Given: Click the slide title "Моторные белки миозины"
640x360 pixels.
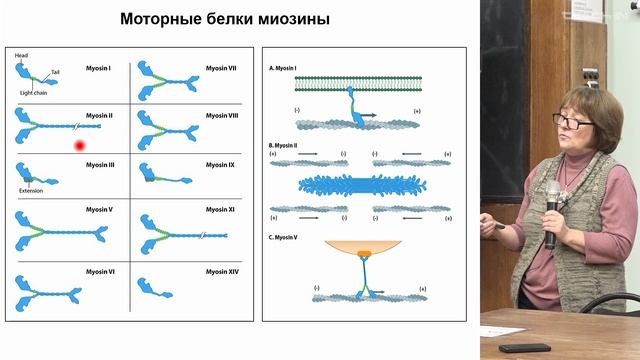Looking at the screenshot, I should tap(225, 20).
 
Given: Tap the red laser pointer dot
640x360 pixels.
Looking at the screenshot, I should tap(80, 146).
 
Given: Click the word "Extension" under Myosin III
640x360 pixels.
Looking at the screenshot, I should tap(32, 190).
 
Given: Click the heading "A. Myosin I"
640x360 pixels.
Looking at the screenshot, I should tap(290, 68).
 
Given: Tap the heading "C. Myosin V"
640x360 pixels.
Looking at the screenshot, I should tap(291, 235).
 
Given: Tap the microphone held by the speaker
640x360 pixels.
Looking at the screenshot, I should tap(551, 205).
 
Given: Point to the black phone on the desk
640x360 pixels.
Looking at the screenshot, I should tap(524, 347).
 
